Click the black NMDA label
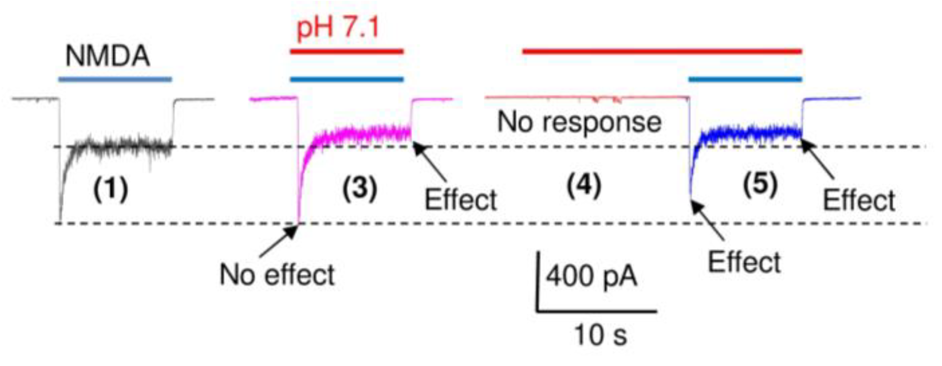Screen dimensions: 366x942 coord(107,57)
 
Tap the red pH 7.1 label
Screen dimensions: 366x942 coord(338,28)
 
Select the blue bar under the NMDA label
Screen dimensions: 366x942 coord(115,80)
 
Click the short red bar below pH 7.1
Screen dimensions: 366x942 coord(346,52)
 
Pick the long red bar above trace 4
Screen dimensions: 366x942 coord(662,51)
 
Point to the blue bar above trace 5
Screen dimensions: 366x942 coord(745,80)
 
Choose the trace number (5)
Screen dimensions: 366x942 coord(760,184)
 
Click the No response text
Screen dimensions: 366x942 coord(579,122)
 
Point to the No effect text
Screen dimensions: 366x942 coord(277,274)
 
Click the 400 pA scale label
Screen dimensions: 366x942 coord(592,276)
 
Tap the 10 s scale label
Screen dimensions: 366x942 coord(600,335)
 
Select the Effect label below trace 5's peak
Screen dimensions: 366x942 coord(744,262)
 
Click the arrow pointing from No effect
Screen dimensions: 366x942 coord(278,242)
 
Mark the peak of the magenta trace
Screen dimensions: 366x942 coord(298,222)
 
